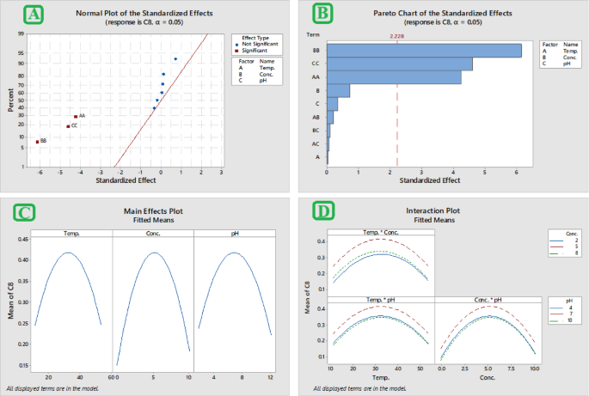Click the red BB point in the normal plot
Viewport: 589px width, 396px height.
tap(37, 141)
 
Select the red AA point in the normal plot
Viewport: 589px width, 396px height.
tap(76, 116)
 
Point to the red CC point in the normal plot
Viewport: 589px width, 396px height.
tap(68, 126)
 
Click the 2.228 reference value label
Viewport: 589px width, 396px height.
tap(397, 36)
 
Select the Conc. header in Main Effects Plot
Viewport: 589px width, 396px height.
tap(153, 233)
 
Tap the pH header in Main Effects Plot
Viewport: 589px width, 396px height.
tap(234, 233)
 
